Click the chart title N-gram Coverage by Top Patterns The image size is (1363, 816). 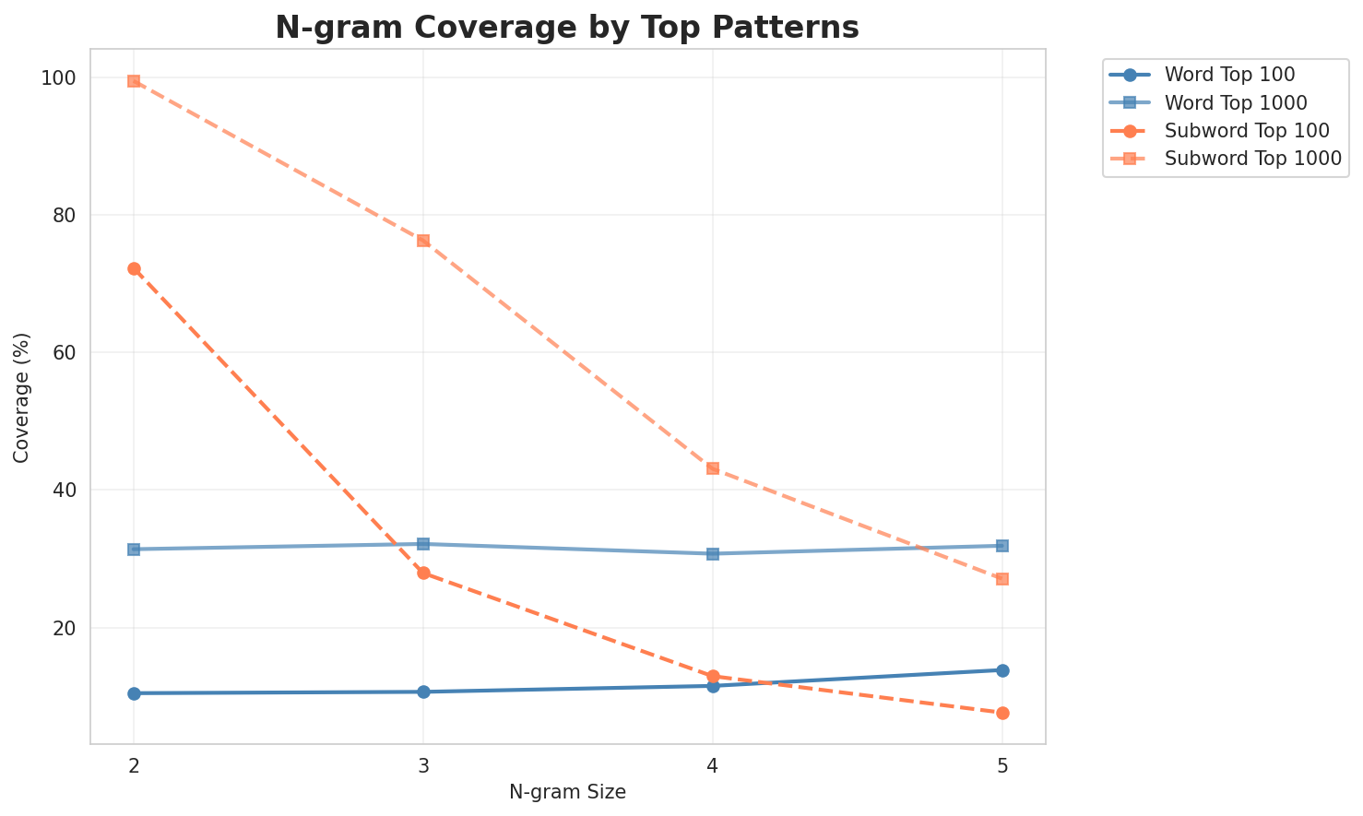click(x=567, y=28)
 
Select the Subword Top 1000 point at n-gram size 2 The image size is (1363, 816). click(x=134, y=81)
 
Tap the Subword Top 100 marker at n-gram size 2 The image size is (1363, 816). click(x=134, y=268)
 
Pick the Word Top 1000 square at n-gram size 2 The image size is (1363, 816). click(x=134, y=550)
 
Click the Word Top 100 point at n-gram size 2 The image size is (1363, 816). click(x=134, y=693)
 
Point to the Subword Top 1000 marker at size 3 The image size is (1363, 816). click(x=423, y=241)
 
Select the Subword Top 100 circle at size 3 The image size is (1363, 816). click(x=423, y=573)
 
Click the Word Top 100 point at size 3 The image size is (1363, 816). click(x=423, y=692)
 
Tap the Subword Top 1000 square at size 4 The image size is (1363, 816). click(x=713, y=468)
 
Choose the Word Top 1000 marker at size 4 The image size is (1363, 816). click(x=713, y=554)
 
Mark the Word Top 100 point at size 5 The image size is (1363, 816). click(x=1002, y=670)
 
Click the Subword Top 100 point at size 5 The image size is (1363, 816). click(x=1002, y=713)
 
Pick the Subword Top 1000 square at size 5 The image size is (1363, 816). click(x=1002, y=579)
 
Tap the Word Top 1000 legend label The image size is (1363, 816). click(x=1235, y=101)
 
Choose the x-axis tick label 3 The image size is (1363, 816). click(x=423, y=765)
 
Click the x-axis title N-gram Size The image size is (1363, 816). click(x=567, y=792)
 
